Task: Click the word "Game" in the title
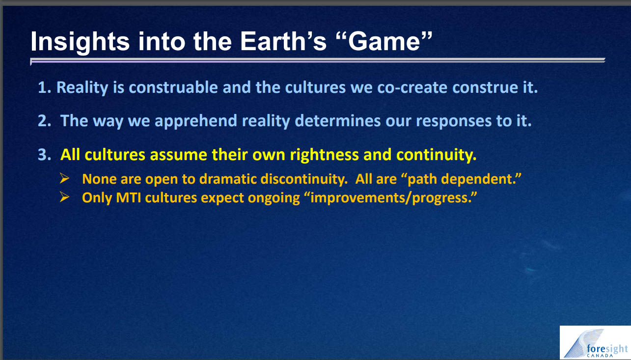tap(384, 41)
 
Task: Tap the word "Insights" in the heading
tap(80, 42)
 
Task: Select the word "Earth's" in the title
tap(283, 41)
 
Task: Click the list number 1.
tap(44, 87)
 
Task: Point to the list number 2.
tap(45, 121)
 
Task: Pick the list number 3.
tap(45, 155)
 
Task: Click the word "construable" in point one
tap(173, 87)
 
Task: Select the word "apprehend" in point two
tap(196, 121)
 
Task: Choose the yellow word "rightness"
tap(324, 155)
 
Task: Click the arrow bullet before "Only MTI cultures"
tap(64, 197)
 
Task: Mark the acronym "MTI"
tap(129, 198)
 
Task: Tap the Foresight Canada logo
tap(595, 343)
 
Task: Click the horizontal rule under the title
tap(318, 61)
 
